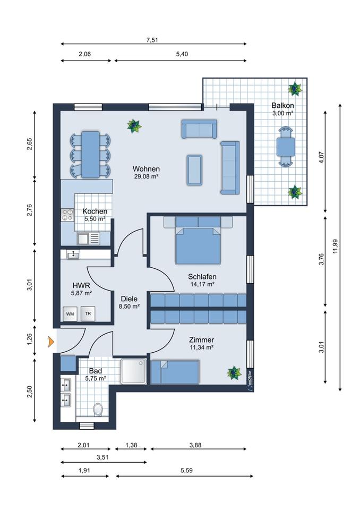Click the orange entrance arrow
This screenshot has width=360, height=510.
tap(51, 342)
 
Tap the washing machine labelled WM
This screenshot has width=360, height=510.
tap(70, 314)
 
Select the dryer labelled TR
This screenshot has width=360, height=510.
tap(88, 314)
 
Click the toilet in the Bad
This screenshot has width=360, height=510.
tap(98, 410)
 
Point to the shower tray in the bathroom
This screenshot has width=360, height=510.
tap(134, 371)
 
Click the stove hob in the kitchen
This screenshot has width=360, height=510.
tap(68, 215)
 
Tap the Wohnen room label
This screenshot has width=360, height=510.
tap(146, 169)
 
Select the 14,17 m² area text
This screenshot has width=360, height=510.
tap(202, 284)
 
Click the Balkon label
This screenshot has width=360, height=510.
tap(282, 105)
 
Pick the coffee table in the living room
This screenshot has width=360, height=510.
tap(194, 169)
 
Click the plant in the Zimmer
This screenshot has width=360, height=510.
tap(234, 373)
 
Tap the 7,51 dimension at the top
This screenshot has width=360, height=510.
tap(152, 40)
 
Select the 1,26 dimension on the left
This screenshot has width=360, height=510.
tap(30, 339)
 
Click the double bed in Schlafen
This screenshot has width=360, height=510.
tap(198, 240)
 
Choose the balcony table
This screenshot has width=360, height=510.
tap(286, 147)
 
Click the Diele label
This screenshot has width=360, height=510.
tap(129, 299)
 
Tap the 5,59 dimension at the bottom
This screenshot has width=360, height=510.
tap(187, 470)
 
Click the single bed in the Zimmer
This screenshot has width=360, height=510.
tap(175, 372)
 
